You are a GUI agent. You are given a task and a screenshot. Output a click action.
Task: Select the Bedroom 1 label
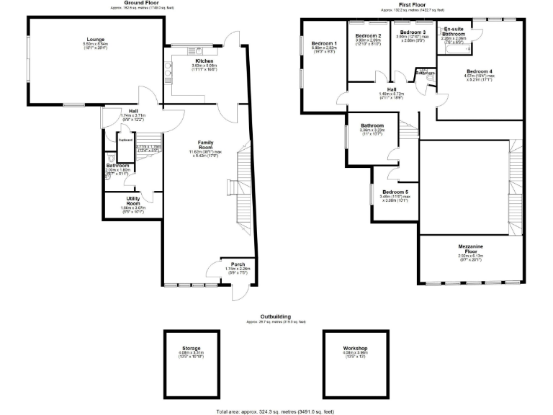coord(324,44)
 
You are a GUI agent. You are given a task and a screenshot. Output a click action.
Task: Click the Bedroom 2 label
coord(368,35)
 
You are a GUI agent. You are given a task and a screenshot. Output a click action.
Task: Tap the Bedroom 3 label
coord(413,32)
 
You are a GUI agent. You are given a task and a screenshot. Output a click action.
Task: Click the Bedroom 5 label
coord(395,190)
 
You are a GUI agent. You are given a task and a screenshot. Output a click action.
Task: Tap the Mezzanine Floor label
coord(472,249)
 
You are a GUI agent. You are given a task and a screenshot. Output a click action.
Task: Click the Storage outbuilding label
coord(192,348)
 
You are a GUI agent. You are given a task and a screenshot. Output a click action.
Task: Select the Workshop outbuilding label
coord(356,348)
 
